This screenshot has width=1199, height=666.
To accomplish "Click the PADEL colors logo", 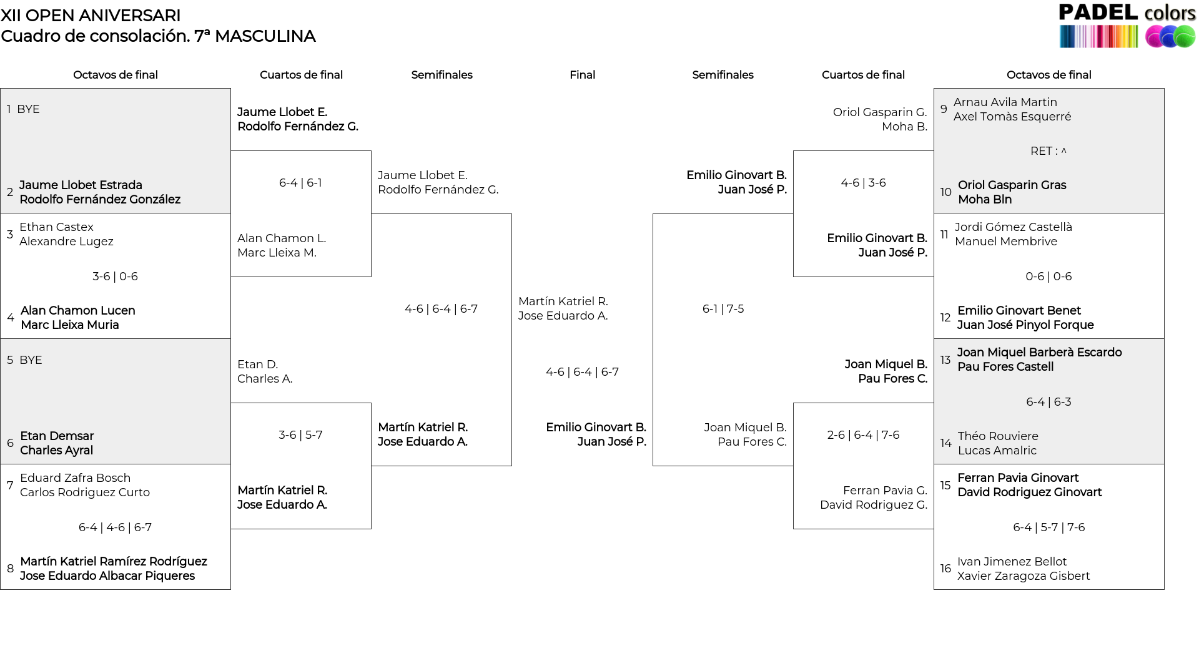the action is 1127,26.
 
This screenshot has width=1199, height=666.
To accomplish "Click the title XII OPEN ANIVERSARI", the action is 91,16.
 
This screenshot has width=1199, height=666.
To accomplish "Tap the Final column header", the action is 582,75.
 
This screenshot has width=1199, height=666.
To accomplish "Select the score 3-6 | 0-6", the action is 115,277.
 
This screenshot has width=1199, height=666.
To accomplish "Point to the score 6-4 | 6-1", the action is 300,183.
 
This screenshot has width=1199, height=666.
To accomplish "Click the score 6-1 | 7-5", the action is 723,309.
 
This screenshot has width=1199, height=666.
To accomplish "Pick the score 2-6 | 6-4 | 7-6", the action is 863,435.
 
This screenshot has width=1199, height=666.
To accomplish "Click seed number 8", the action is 10,569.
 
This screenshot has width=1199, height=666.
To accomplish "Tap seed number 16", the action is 945,569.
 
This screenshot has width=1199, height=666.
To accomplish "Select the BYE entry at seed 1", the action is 28,109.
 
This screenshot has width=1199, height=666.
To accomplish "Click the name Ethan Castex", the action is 56,227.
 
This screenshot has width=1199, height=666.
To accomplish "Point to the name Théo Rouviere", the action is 998,436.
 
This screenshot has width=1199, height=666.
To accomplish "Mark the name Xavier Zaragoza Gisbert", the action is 1024,576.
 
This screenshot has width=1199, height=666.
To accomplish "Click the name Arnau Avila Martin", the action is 1005,102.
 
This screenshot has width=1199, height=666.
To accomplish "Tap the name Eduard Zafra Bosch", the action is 75,478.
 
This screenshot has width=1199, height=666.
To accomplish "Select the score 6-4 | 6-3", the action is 1049,402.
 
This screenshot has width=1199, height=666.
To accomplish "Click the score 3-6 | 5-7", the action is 300,435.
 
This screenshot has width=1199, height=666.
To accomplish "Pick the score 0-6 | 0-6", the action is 1049,277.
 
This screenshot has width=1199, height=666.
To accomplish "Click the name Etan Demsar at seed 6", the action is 57,436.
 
